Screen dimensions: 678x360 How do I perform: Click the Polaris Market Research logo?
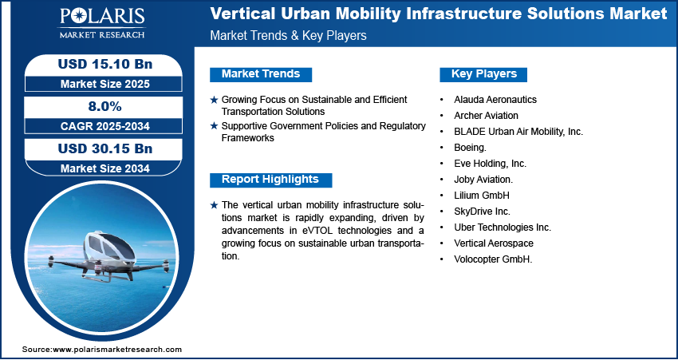click(x=102, y=23)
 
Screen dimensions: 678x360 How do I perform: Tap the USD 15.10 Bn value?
click(x=105, y=64)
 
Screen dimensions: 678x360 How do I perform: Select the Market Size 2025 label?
click(x=105, y=84)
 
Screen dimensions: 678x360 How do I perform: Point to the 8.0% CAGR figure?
click(x=105, y=106)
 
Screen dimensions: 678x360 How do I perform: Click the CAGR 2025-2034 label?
click(x=105, y=126)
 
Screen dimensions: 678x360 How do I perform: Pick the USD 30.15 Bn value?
click(x=105, y=148)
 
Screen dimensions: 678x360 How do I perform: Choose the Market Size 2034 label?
click(x=105, y=168)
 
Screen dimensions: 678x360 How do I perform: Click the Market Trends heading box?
click(x=261, y=74)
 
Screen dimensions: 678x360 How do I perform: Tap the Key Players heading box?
click(x=483, y=74)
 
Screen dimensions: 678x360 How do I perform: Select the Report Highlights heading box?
click(x=270, y=180)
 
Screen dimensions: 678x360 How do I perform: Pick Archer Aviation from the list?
click(x=486, y=116)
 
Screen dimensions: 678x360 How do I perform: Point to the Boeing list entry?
click(x=470, y=148)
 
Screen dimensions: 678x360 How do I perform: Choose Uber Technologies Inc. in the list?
click(x=503, y=227)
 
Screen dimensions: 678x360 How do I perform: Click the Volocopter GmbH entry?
click(x=493, y=259)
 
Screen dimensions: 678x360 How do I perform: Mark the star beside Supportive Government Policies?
click(x=214, y=126)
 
